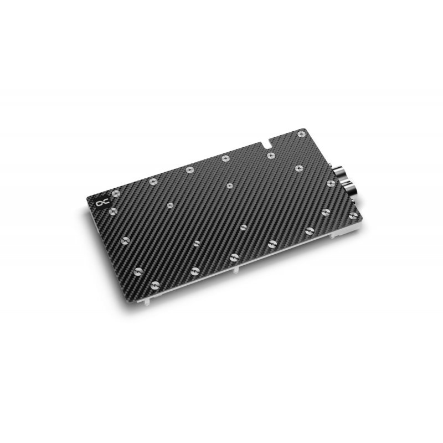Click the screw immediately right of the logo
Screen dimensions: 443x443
116,193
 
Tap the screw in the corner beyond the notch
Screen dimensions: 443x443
301,133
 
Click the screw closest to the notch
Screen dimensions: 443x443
270,156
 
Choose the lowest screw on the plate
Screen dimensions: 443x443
138,271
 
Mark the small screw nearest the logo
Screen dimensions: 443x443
170,205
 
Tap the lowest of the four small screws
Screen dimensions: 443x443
197,243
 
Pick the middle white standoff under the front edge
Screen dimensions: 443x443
237,269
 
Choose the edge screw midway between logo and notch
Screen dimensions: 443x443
189,169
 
